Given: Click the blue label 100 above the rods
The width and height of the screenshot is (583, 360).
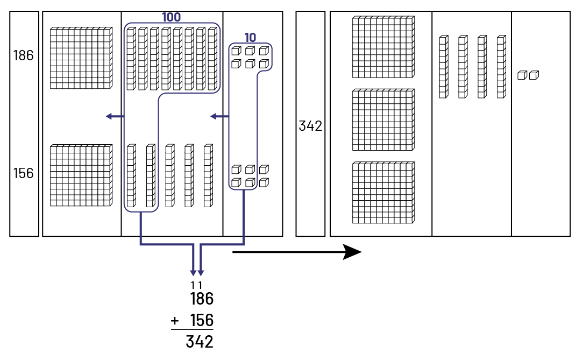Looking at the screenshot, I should (171, 17).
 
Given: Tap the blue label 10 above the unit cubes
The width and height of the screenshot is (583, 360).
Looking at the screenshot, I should (250, 38).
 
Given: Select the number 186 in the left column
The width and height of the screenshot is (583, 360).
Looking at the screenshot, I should (23, 55).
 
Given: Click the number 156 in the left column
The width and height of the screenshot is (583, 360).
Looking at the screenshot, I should (23, 173).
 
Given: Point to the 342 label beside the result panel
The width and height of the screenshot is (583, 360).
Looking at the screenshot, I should (310, 126).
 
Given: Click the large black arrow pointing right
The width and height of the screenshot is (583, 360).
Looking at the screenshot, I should (297, 251).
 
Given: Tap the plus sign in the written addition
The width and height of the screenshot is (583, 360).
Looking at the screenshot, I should (175, 321).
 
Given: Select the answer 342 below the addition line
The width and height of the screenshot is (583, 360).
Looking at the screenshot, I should (200, 341).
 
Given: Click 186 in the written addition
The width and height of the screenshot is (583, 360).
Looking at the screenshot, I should (201, 299).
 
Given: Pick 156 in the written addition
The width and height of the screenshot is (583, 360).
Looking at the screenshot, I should (201, 320).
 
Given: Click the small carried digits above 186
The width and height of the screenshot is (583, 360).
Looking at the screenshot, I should (197, 285).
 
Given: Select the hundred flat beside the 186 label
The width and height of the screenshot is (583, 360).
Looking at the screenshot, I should (81, 58).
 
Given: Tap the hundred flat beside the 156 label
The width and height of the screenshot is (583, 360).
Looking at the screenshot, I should (81, 175).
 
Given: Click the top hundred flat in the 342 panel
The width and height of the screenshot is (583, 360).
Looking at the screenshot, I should (383, 47).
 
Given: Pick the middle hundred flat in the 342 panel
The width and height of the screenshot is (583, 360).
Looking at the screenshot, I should (383, 119).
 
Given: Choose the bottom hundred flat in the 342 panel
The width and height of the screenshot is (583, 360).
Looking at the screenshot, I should (383, 192).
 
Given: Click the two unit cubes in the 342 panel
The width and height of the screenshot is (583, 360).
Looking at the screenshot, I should (528, 75).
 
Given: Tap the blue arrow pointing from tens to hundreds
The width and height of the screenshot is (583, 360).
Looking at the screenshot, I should (115, 116).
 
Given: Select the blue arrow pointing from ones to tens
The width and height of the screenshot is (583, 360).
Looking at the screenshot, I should (219, 116).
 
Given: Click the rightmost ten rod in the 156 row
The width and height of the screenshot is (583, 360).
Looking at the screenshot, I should (208, 175).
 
